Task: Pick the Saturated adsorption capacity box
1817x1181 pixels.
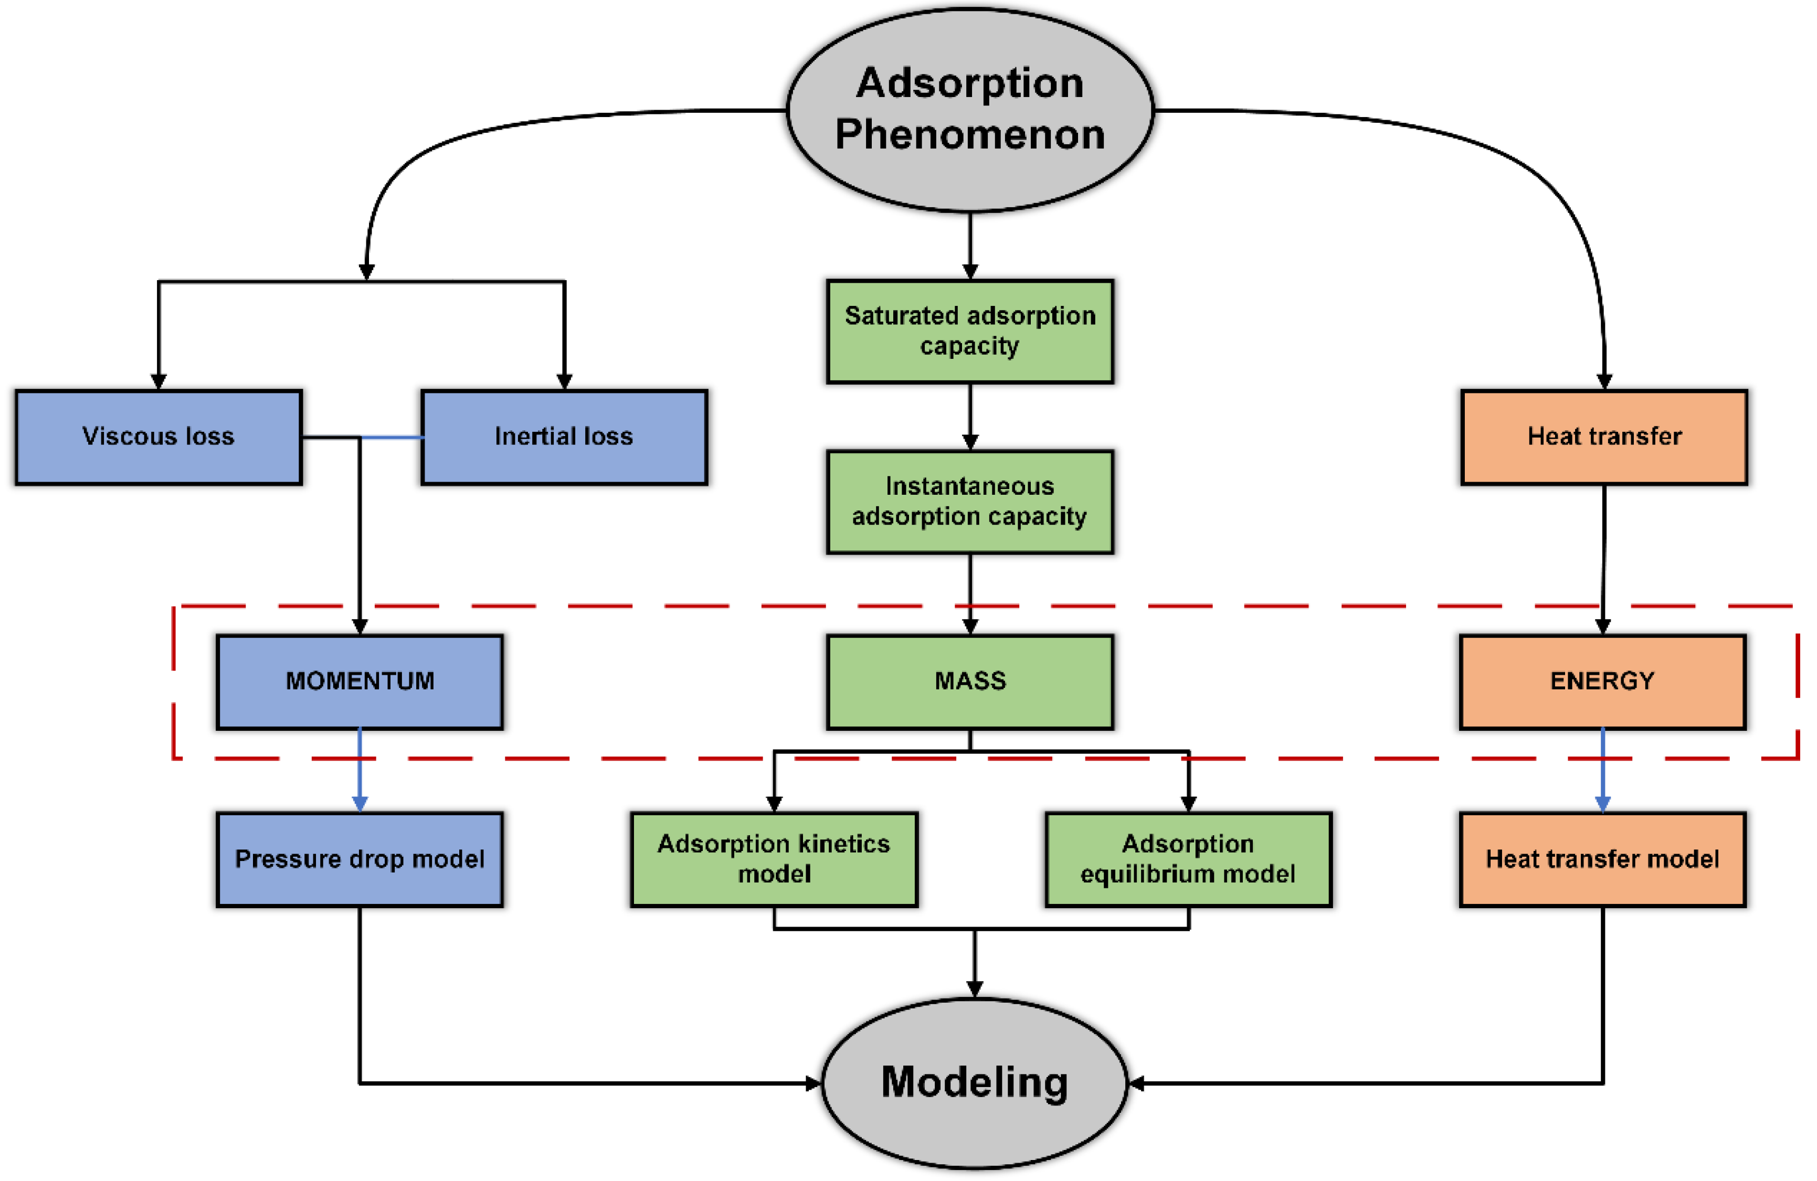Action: pos(969,332)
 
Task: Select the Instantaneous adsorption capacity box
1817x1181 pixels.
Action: pos(969,502)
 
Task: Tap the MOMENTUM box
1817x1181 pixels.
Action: pos(360,682)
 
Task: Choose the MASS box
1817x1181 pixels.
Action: pos(969,682)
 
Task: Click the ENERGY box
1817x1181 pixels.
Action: pos(1602,682)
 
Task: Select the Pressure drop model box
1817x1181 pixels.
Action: pos(360,859)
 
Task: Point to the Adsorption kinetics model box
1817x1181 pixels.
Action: pos(774,859)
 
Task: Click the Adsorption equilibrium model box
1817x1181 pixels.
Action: pos(1188,859)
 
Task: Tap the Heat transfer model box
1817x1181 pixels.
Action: pos(1602,859)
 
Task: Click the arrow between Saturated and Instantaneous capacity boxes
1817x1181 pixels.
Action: pos(969,416)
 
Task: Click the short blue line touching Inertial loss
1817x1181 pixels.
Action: pos(393,438)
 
